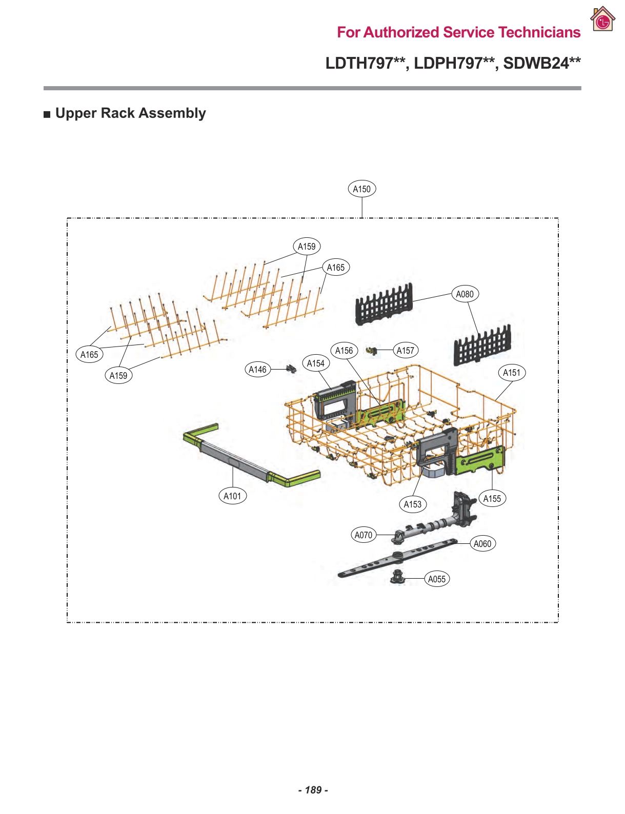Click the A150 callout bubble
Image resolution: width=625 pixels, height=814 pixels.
click(x=361, y=189)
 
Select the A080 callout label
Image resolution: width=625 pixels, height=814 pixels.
click(x=465, y=294)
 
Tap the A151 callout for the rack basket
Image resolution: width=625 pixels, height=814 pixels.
click(x=511, y=373)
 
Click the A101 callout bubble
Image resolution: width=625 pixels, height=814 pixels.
click(x=232, y=496)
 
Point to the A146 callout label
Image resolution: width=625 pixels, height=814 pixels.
click(x=257, y=369)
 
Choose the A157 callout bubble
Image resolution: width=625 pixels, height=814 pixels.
click(x=405, y=351)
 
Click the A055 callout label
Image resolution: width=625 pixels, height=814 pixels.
click(x=437, y=579)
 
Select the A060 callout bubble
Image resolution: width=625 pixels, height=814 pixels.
click(x=482, y=543)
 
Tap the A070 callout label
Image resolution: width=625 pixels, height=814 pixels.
click(x=364, y=535)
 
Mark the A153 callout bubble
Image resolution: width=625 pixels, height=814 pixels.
click(x=412, y=504)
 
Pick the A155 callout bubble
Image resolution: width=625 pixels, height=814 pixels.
click(x=492, y=498)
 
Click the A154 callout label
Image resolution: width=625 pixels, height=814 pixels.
click(x=315, y=363)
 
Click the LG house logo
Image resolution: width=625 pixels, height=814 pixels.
click(x=602, y=20)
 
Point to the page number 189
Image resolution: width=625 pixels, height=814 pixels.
click(x=313, y=790)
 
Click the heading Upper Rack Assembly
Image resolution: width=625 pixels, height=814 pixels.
click(x=130, y=113)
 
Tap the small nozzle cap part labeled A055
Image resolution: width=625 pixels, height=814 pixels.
click(x=397, y=577)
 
